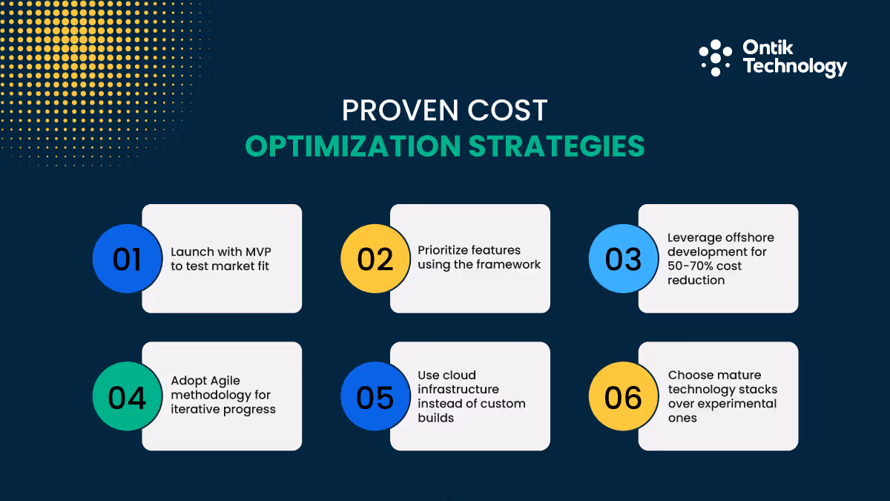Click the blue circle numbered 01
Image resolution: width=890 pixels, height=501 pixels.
127,259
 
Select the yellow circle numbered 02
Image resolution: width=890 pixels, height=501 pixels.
375,259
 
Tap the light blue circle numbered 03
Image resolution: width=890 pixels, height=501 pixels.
623,259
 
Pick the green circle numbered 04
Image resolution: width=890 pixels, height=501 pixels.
127,397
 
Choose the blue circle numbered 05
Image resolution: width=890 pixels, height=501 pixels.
375,397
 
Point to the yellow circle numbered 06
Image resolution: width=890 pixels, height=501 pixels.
623,397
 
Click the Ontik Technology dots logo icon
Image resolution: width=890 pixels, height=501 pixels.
716,58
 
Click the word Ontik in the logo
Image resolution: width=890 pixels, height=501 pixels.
768,48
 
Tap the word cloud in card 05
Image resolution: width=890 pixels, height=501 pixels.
459,375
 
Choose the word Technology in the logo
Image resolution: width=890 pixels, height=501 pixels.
794,67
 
